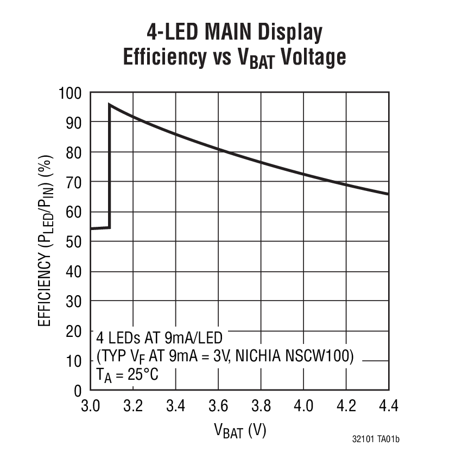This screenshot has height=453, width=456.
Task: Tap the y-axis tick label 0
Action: (x=78, y=390)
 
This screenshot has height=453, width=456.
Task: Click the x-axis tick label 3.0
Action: (x=90, y=406)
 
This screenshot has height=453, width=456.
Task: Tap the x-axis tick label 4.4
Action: (x=388, y=406)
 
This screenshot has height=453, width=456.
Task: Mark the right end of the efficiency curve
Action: (x=388, y=194)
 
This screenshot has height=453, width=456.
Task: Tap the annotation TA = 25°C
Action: (x=128, y=374)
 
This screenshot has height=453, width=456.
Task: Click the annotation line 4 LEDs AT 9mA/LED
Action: (x=159, y=338)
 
